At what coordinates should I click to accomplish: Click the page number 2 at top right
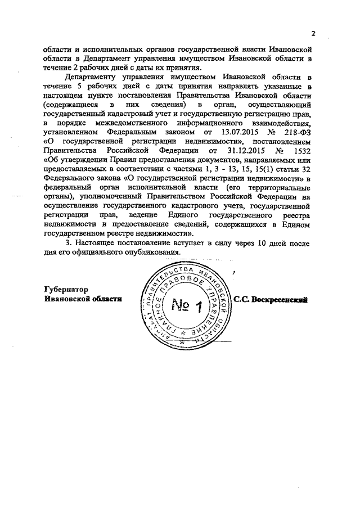tap(313, 33)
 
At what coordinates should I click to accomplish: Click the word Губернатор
tap(66, 290)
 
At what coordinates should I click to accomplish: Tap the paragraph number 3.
tap(68, 243)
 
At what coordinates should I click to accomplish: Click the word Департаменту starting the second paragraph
tap(92, 76)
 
